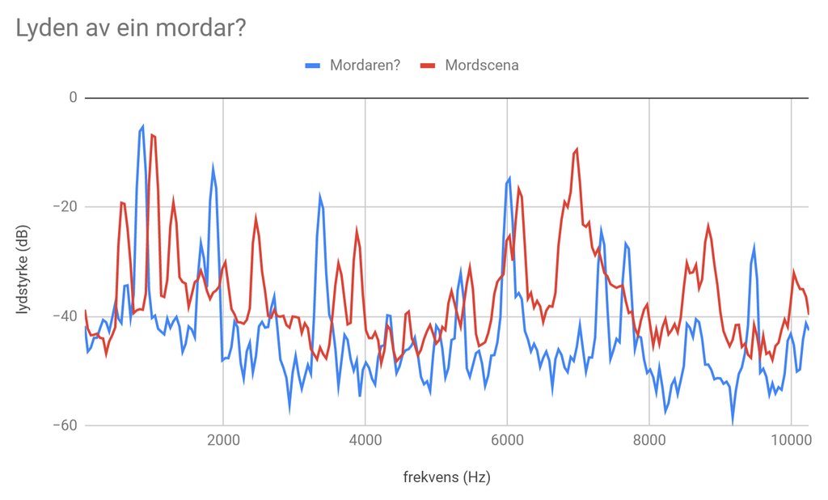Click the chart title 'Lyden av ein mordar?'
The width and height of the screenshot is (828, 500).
tap(130, 28)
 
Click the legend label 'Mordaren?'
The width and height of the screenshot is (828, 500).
tap(365, 66)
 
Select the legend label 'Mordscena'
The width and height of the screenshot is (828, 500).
tap(482, 66)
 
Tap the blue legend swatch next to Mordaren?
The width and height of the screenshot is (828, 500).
tap(313, 66)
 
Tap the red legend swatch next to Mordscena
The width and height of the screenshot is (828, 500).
tap(429, 66)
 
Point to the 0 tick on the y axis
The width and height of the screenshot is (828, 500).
tap(73, 98)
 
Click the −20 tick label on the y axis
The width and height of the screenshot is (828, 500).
tap(64, 207)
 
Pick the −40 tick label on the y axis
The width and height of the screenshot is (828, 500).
tap(64, 316)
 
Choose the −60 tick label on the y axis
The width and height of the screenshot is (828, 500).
tap(64, 426)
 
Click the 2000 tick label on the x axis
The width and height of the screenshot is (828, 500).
tap(223, 441)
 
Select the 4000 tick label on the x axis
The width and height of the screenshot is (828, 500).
tap(365, 441)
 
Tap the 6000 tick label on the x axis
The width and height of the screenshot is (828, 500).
tap(507, 441)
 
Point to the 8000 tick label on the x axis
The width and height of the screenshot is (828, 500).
tap(649, 441)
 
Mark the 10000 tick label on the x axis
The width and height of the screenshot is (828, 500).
tap(791, 441)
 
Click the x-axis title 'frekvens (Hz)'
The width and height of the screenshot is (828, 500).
tap(446, 477)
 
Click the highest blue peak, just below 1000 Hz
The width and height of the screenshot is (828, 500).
tap(143, 126)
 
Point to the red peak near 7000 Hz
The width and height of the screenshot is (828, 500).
tap(577, 149)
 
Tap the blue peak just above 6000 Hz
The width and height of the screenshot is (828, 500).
tap(509, 177)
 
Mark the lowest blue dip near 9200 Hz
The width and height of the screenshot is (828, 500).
tap(733, 422)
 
